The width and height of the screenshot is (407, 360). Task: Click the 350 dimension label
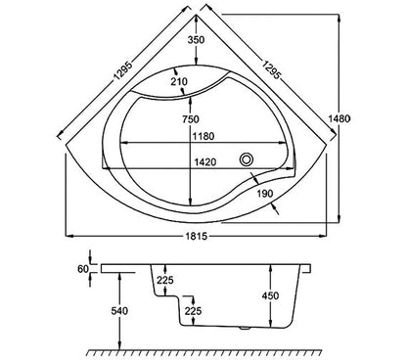(x=196, y=40)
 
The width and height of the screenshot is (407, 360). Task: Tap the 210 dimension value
(x=179, y=81)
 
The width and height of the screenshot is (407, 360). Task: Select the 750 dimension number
(x=191, y=119)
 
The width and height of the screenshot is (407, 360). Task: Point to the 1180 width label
(x=203, y=136)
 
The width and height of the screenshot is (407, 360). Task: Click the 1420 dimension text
(x=205, y=161)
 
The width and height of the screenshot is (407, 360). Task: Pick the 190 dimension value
(x=265, y=194)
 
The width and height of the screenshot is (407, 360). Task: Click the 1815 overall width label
(x=197, y=236)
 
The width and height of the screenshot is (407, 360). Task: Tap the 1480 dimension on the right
(x=339, y=118)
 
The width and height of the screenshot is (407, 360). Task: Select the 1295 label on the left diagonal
(x=123, y=70)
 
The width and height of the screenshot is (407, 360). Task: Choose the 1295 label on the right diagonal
(x=271, y=69)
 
